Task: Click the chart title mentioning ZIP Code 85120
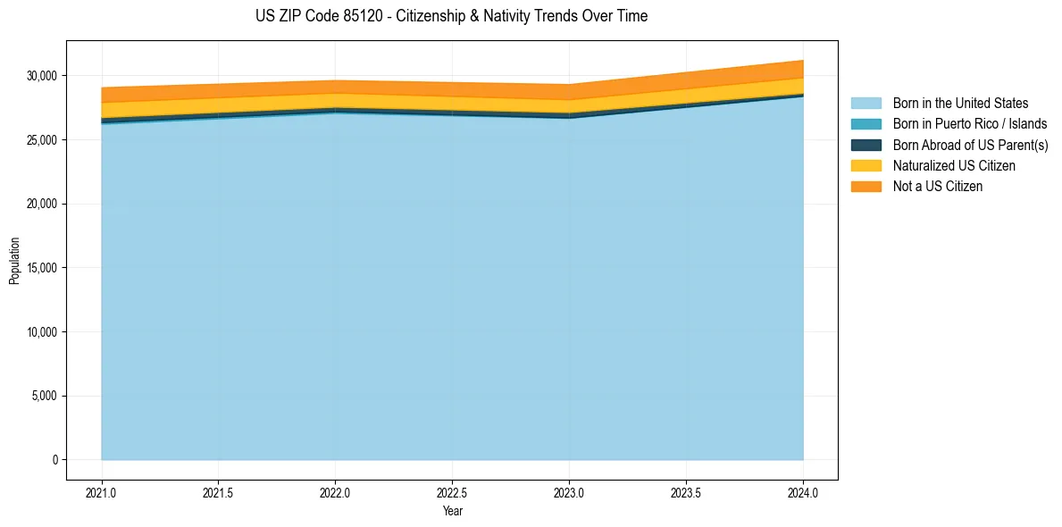(451, 16)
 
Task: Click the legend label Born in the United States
(960, 104)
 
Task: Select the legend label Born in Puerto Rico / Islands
(970, 124)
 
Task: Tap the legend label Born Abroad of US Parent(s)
(970, 145)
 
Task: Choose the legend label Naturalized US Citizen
(954, 166)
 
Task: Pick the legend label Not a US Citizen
(938, 187)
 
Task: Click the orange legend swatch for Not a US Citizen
(865, 187)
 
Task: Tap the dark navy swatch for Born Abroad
(865, 145)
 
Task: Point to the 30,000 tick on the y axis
(42, 76)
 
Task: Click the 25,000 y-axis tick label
(42, 140)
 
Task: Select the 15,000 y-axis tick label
(42, 268)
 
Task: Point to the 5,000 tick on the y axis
(45, 397)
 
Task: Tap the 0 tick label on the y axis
(54, 460)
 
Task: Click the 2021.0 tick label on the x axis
(102, 492)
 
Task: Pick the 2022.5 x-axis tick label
(452, 492)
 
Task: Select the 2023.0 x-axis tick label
(569, 492)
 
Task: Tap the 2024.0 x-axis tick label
(803, 492)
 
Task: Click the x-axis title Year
(452, 512)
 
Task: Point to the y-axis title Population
(14, 261)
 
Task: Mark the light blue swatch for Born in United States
(865, 104)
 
